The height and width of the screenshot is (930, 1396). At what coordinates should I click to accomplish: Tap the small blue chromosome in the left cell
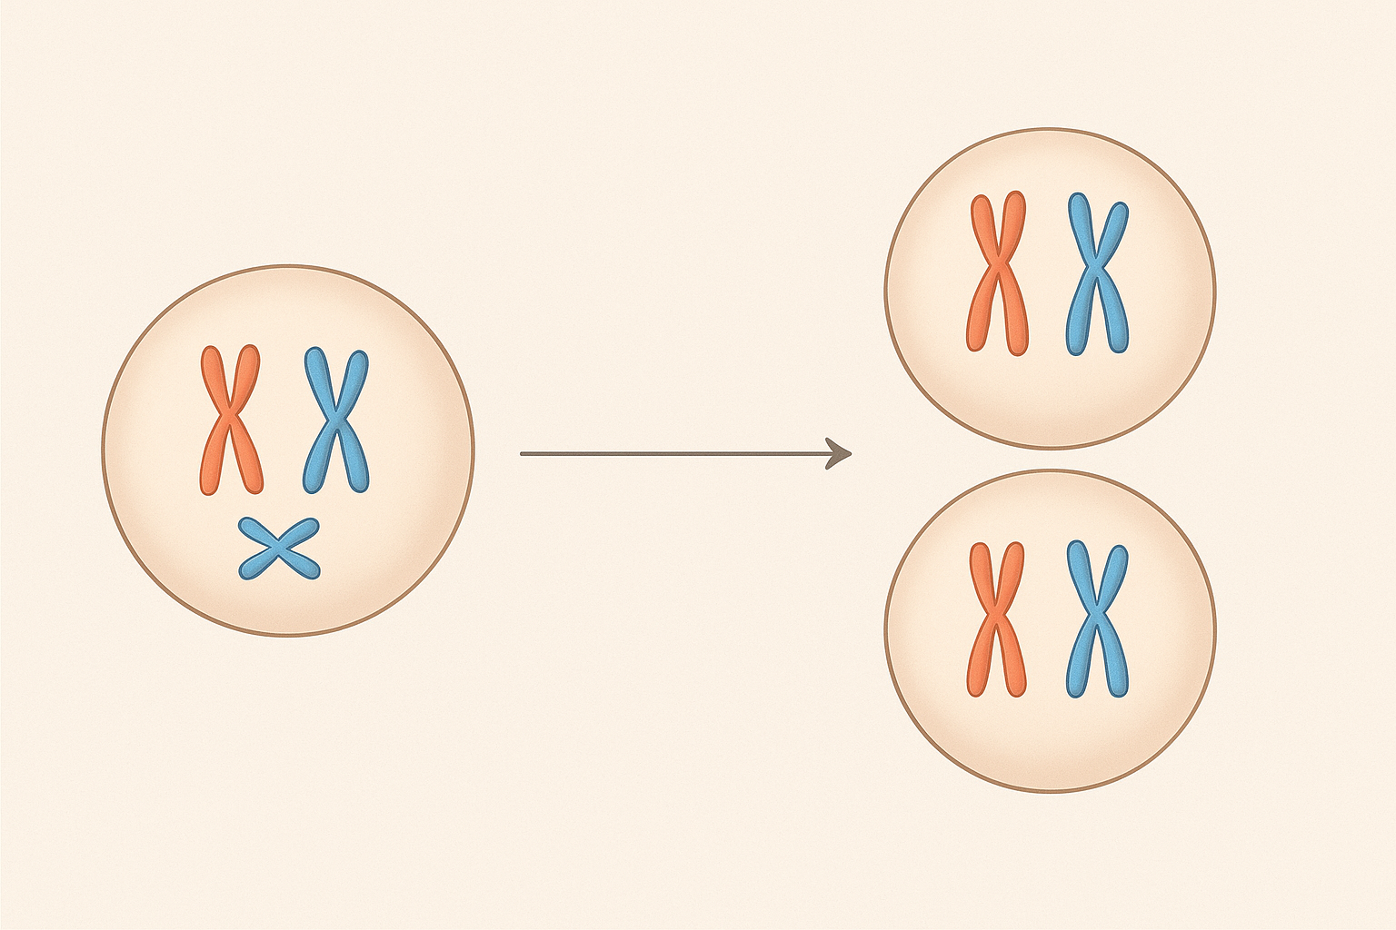pos(279,549)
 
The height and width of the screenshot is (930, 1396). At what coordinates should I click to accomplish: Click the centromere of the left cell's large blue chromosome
pos(336,420)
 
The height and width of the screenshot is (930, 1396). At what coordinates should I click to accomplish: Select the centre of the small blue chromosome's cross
pos(279,549)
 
